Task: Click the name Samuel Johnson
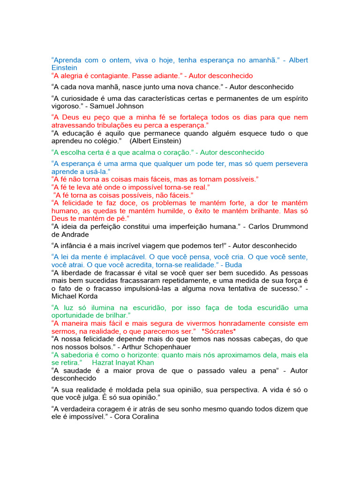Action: point(117,106)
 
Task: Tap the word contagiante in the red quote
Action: point(109,75)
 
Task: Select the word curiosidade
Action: point(81,98)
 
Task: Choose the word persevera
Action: point(290,164)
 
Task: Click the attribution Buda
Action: point(254,264)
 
